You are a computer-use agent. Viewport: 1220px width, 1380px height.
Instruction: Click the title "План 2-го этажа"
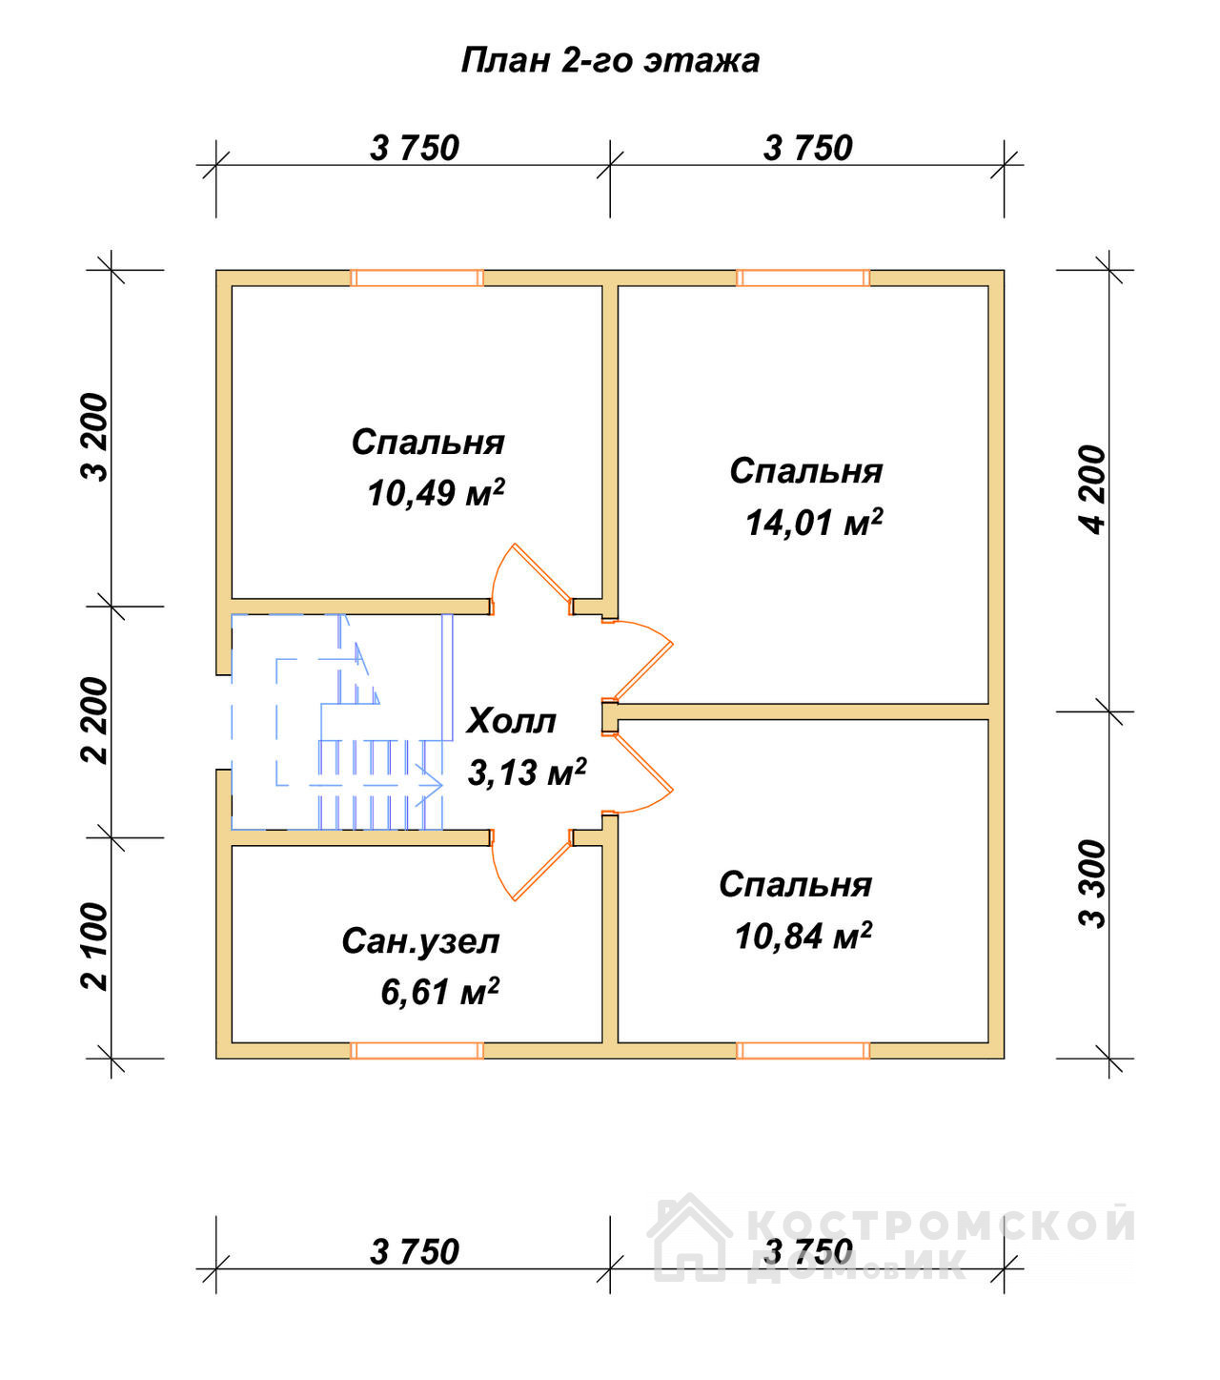tap(610, 61)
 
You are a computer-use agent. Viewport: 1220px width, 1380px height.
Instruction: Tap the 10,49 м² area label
tap(436, 493)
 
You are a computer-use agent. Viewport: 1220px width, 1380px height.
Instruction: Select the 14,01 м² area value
tap(814, 524)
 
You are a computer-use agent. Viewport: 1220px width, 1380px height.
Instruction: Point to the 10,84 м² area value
tap(803, 936)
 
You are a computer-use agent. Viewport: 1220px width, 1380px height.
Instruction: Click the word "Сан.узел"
tap(420, 942)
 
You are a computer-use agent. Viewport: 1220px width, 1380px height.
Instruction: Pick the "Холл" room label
tap(511, 721)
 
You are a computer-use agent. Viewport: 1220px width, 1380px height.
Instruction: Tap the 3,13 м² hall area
tap(527, 772)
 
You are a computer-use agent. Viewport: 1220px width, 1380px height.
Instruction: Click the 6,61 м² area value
tap(439, 992)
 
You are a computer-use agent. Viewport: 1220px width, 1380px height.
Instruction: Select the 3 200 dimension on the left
tap(96, 438)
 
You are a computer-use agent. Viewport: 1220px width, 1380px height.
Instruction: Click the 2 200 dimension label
tap(96, 721)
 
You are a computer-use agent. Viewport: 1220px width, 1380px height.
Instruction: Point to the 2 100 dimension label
tap(96, 946)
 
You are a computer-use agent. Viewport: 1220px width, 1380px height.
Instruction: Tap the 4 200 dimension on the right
tap(1093, 490)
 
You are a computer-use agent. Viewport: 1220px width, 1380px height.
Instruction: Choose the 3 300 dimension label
tap(1093, 884)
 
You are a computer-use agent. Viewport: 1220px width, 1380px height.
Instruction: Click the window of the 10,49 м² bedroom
tap(417, 278)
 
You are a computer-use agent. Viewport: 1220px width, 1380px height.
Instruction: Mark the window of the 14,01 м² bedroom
tap(803, 278)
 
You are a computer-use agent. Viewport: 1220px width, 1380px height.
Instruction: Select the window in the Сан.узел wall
tap(417, 1050)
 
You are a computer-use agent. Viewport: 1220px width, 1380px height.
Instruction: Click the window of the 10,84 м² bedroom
tap(803, 1050)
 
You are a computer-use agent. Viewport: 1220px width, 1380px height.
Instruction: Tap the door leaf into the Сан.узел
tap(542, 871)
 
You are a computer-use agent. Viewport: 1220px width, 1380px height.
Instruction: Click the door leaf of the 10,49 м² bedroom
tap(542, 573)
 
